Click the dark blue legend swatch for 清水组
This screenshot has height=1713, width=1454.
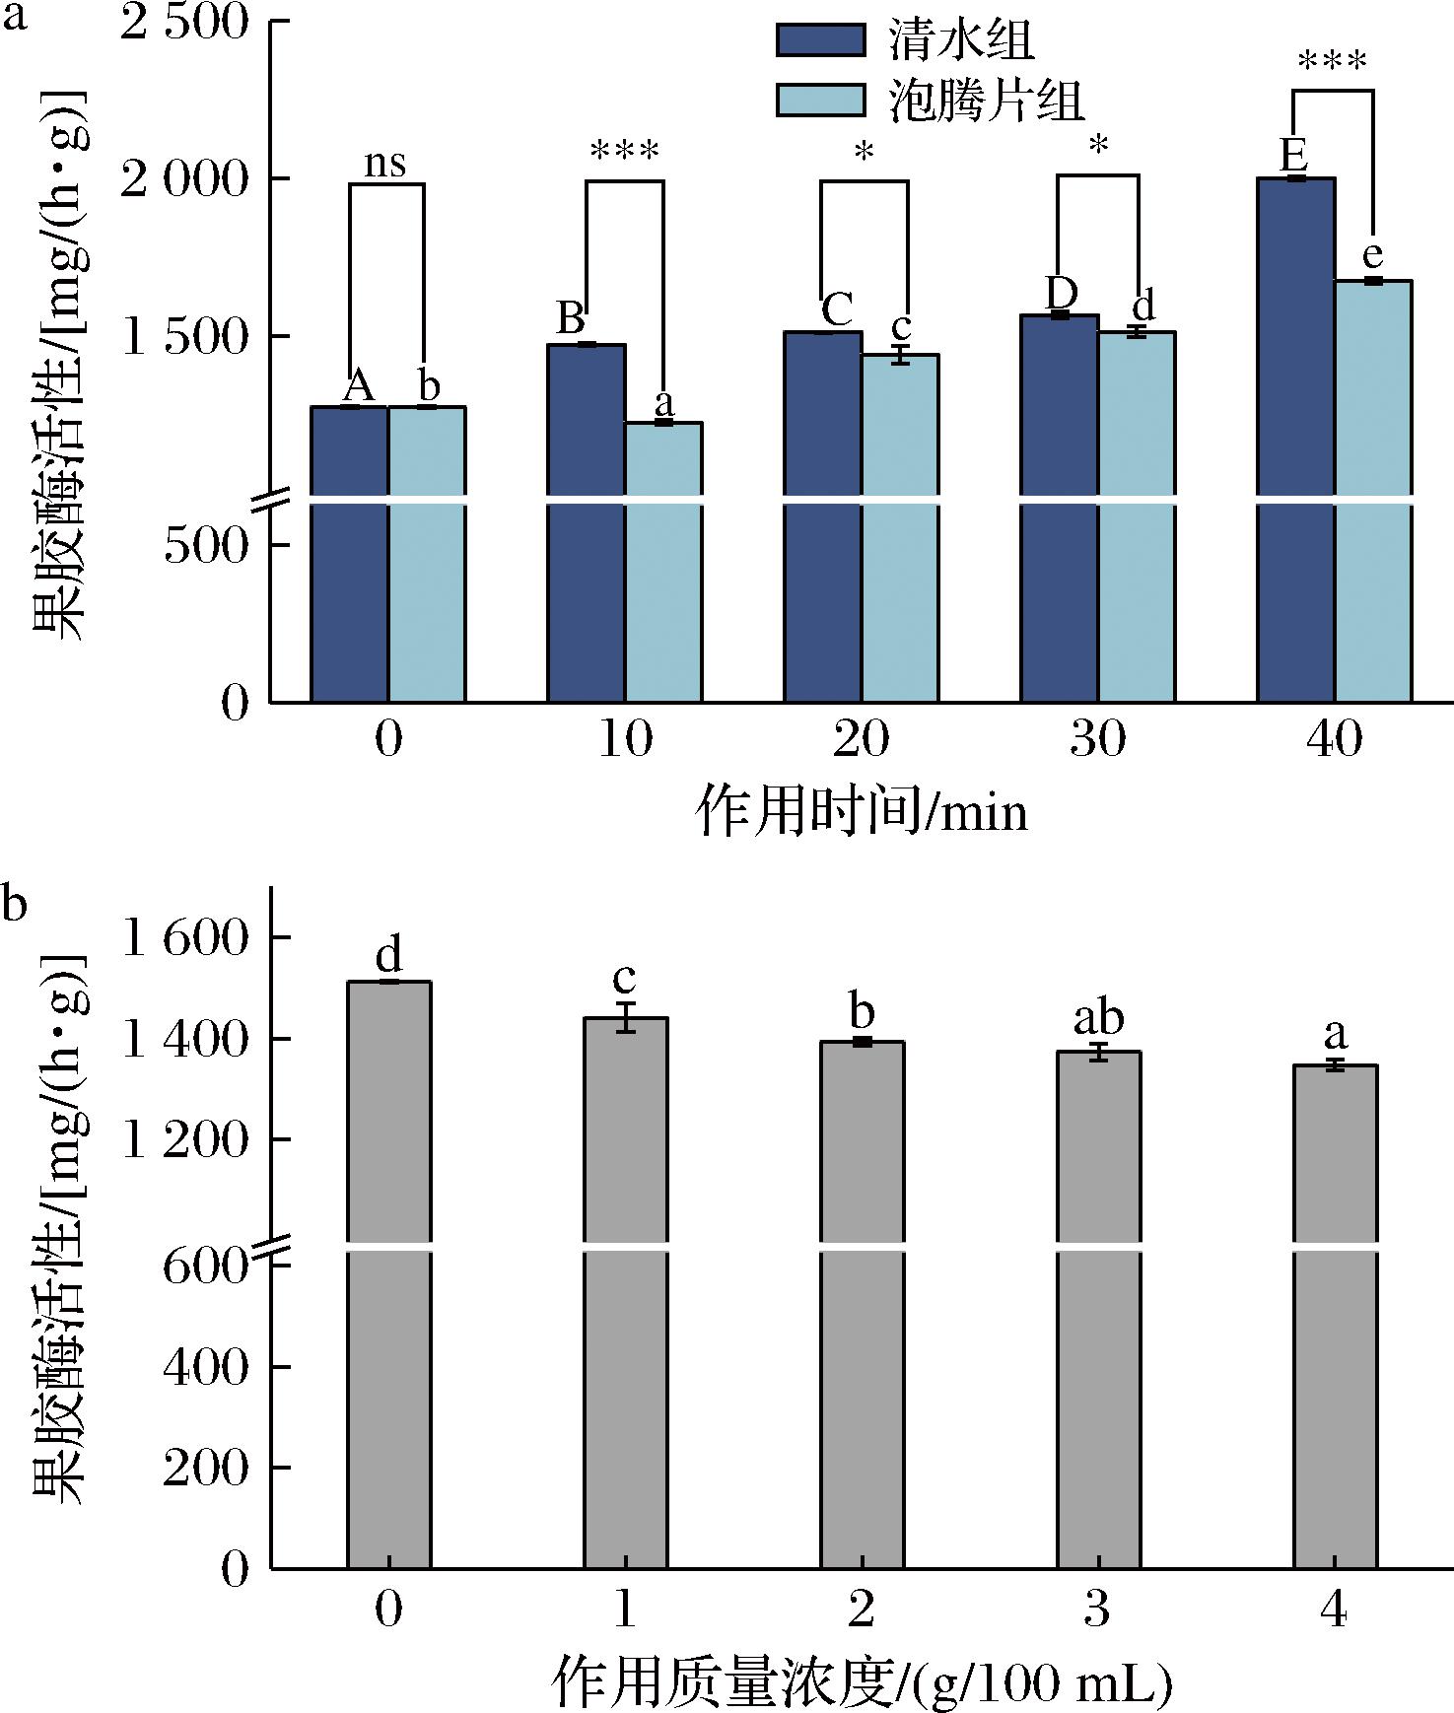pyautogui.click(x=819, y=40)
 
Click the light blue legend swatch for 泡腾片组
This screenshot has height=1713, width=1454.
pyautogui.click(x=819, y=100)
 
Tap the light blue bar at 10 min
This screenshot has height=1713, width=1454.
pyautogui.click(x=663, y=562)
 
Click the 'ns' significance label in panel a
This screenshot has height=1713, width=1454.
pyautogui.click(x=385, y=164)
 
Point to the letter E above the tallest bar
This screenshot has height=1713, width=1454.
pyautogui.click(x=1293, y=156)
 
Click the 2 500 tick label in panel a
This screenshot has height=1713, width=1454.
pyautogui.click(x=184, y=21)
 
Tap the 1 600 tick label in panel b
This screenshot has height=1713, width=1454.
pyautogui.click(x=184, y=937)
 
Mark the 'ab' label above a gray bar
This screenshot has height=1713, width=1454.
pyautogui.click(x=1097, y=1019)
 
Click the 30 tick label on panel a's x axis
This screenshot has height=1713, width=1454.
pyautogui.click(x=1097, y=739)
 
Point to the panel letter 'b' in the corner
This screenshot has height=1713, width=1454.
pyautogui.click(x=14, y=902)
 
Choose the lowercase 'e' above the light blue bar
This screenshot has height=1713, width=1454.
pyautogui.click(x=1372, y=256)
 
